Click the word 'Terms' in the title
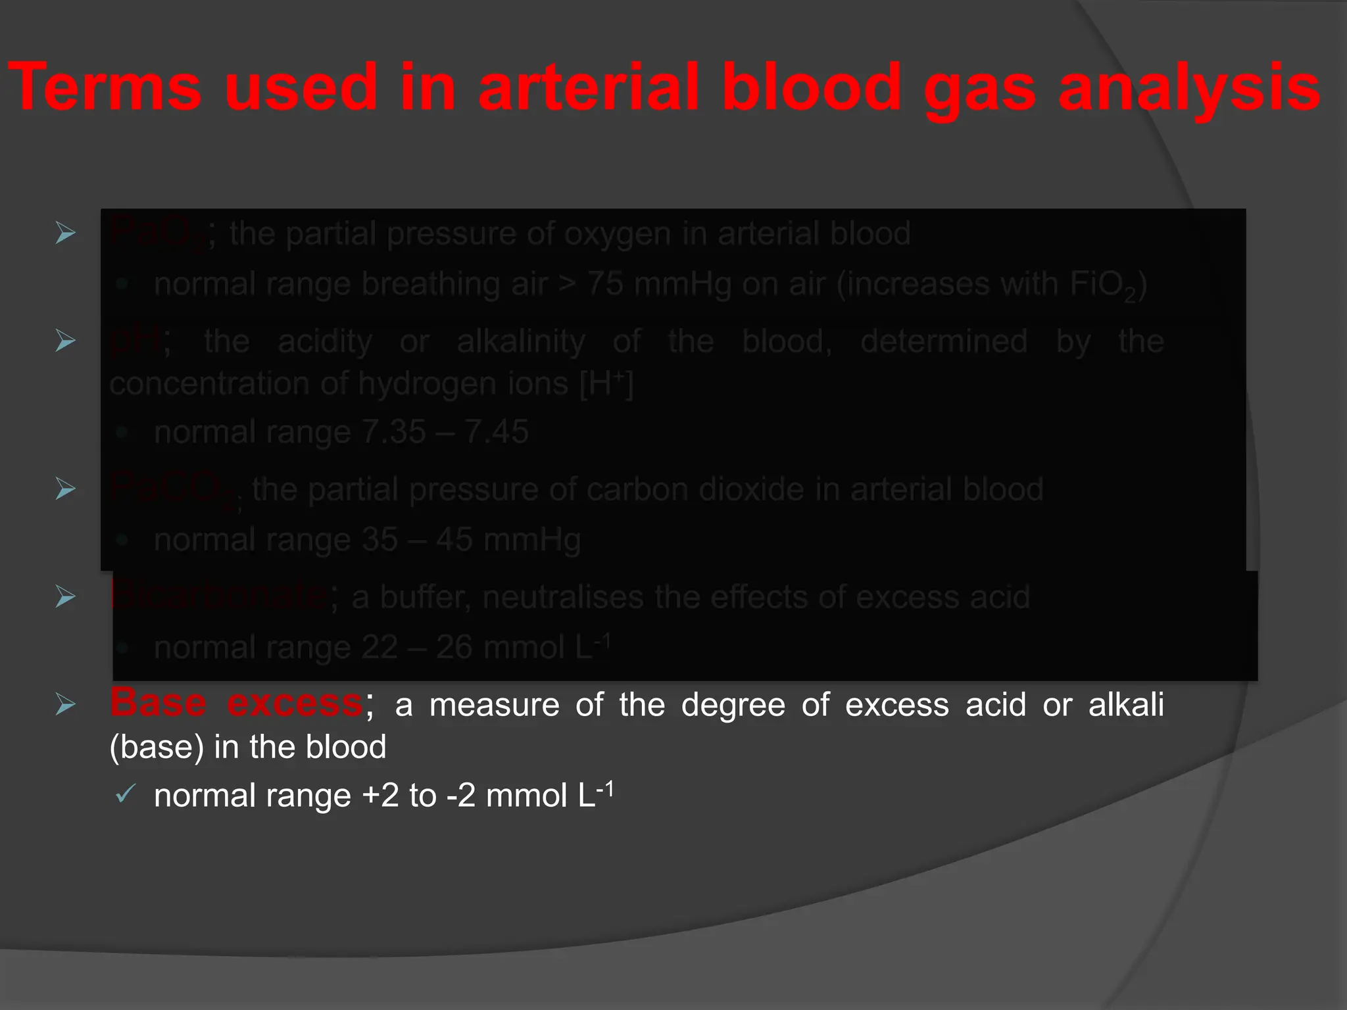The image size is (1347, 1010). [x=105, y=87]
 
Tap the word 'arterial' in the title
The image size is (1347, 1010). [x=589, y=87]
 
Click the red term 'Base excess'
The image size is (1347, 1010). [x=235, y=703]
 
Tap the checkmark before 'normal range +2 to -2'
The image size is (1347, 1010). [x=124, y=794]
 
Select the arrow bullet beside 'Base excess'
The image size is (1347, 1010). [x=65, y=704]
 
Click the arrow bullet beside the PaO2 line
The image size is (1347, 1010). [x=65, y=233]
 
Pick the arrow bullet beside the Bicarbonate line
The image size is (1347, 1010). [x=65, y=596]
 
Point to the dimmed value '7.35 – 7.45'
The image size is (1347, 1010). [x=445, y=432]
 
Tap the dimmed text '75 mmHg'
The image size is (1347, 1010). [x=658, y=284]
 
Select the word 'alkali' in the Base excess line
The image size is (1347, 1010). [x=1126, y=704]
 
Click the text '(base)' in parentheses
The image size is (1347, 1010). [x=157, y=747]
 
